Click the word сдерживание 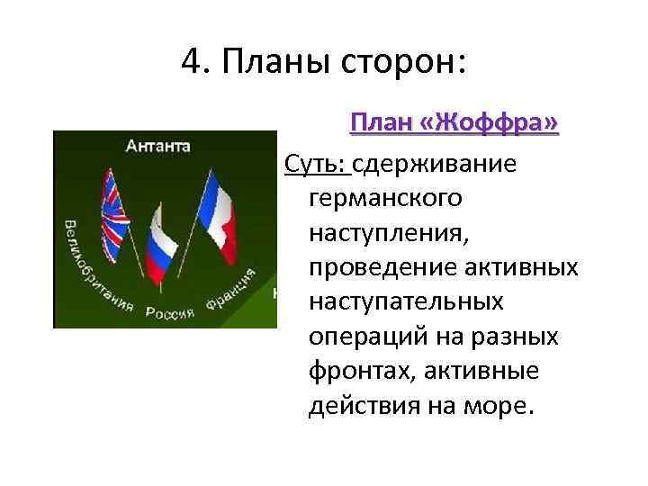pyautogui.click(x=436, y=164)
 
